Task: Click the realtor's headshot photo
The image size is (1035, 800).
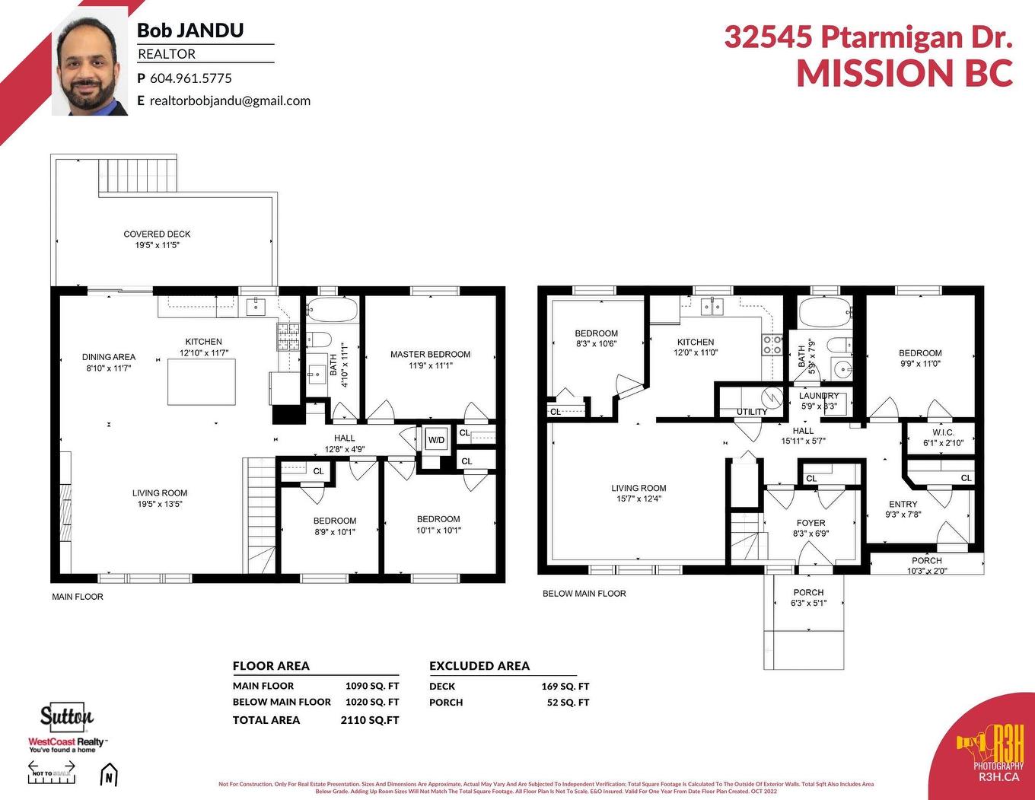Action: tap(90, 67)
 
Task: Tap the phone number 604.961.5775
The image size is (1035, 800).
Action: tap(190, 78)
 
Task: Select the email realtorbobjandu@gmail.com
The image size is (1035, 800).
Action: tap(230, 100)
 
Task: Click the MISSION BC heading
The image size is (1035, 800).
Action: tap(904, 74)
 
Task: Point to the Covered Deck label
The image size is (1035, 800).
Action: tap(157, 234)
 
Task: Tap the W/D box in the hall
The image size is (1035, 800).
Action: tap(436, 440)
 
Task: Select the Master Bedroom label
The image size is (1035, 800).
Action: tap(430, 355)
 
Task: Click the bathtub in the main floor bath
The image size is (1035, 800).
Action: tap(332, 311)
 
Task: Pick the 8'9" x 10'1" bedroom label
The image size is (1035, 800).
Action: tap(335, 527)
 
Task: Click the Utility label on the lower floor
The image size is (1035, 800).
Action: tap(752, 412)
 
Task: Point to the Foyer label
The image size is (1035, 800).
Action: tap(810, 523)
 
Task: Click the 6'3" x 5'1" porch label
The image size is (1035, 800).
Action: tap(808, 598)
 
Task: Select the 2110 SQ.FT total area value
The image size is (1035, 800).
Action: tap(370, 720)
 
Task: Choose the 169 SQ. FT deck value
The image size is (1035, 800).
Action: tap(565, 687)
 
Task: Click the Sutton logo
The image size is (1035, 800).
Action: tap(67, 716)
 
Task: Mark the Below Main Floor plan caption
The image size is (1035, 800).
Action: tap(584, 594)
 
